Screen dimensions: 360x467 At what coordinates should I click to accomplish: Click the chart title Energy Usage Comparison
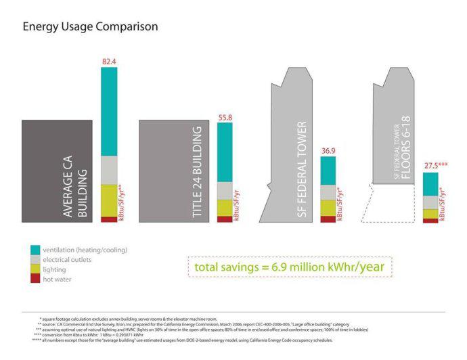click(x=90, y=27)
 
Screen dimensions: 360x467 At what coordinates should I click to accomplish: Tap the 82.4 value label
click(x=109, y=62)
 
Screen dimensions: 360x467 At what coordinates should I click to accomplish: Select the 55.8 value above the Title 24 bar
click(x=225, y=117)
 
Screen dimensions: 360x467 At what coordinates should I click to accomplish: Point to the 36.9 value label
click(x=328, y=151)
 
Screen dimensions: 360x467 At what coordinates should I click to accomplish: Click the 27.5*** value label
click(x=435, y=166)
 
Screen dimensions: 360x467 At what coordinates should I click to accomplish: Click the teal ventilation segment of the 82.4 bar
click(x=109, y=112)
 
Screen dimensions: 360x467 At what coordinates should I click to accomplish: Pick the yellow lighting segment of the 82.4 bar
click(x=109, y=200)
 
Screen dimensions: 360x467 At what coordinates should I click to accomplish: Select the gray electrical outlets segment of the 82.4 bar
click(x=109, y=170)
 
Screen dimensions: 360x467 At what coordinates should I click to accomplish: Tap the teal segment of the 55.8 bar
click(x=225, y=152)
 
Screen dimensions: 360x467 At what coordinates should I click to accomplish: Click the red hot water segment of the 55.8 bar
click(x=225, y=219)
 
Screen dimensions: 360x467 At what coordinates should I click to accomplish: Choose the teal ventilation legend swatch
click(x=35, y=250)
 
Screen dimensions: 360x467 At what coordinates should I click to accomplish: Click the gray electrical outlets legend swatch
click(x=35, y=259)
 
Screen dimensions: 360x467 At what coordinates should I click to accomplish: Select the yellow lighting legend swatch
click(x=35, y=269)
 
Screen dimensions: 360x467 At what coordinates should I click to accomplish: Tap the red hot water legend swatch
click(x=35, y=279)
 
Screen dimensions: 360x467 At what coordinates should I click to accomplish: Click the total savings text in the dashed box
click(x=289, y=267)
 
